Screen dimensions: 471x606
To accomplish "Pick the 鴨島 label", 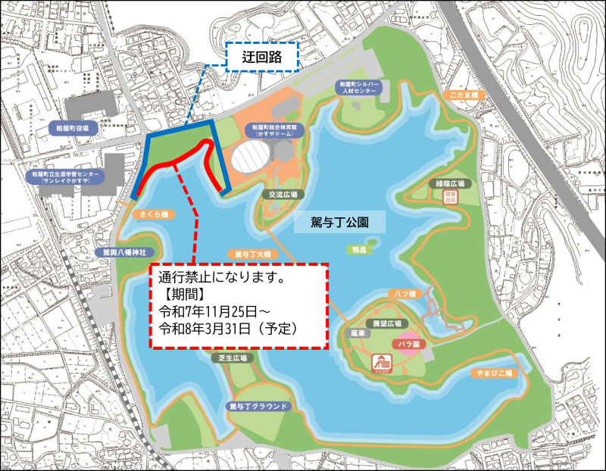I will click(x=359, y=249).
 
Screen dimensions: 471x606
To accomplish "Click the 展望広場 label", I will click(x=386, y=322).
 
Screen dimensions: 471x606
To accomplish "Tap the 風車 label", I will click(x=358, y=332).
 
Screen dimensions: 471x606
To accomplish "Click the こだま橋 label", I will click(x=461, y=95).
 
